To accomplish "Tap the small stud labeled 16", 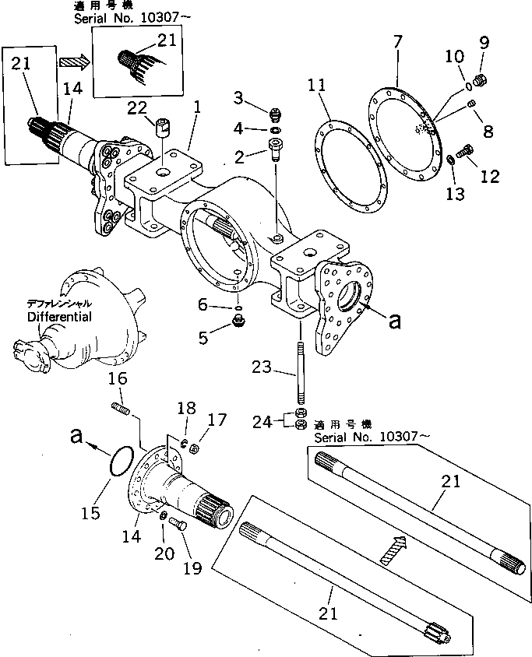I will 122,407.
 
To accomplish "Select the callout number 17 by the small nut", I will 217,420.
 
